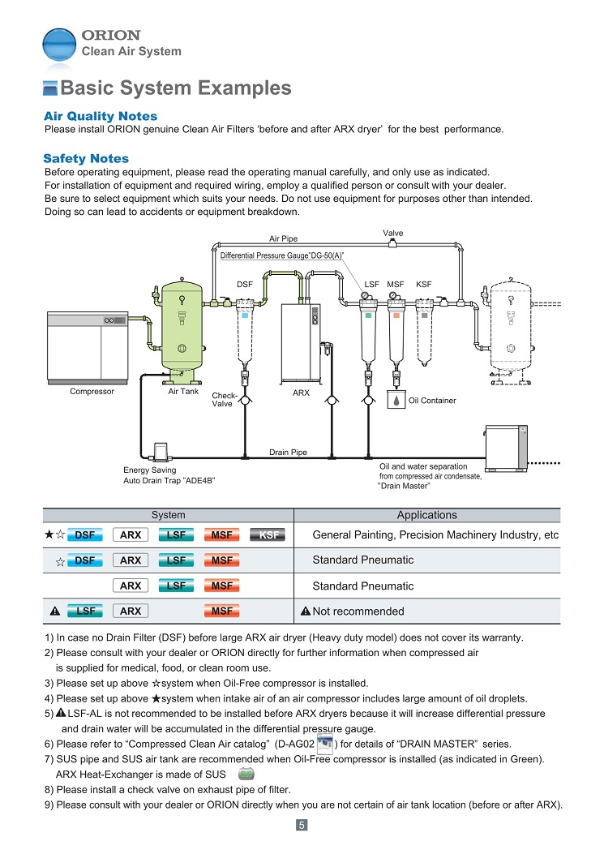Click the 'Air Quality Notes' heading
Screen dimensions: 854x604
pyautogui.click(x=100, y=116)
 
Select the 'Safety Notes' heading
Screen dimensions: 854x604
pyautogui.click(x=86, y=158)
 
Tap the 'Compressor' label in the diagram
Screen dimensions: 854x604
pyautogui.click(x=92, y=392)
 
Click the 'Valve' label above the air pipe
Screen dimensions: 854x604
pyautogui.click(x=393, y=233)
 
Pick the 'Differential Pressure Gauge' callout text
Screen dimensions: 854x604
pyautogui.click(x=282, y=255)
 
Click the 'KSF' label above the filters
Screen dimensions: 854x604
pyautogui.click(x=423, y=285)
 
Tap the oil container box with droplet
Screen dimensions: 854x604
pyautogui.click(x=396, y=401)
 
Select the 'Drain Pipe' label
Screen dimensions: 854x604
pyautogui.click(x=288, y=452)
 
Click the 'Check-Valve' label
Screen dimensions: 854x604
pyautogui.click(x=224, y=400)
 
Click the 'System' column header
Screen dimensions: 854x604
pyautogui.click(x=168, y=515)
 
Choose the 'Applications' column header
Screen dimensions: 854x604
pyautogui.click(x=426, y=515)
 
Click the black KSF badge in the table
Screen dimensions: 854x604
pyautogui.click(x=269, y=535)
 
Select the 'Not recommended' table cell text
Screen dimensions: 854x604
pyautogui.click(x=358, y=612)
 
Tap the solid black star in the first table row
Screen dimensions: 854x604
pyautogui.click(x=49, y=535)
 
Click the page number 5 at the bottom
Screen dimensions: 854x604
pyautogui.click(x=301, y=826)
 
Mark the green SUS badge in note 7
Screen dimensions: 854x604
pyautogui.click(x=246, y=775)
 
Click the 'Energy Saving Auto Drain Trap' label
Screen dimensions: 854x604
pyautogui.click(x=169, y=475)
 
